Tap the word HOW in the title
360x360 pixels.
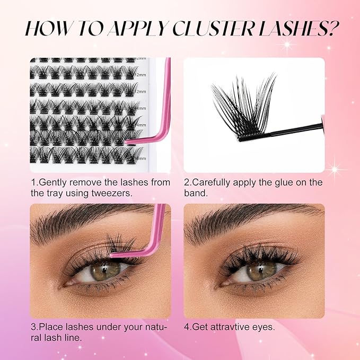pos(47,28)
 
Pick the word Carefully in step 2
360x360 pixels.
pos(217,182)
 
